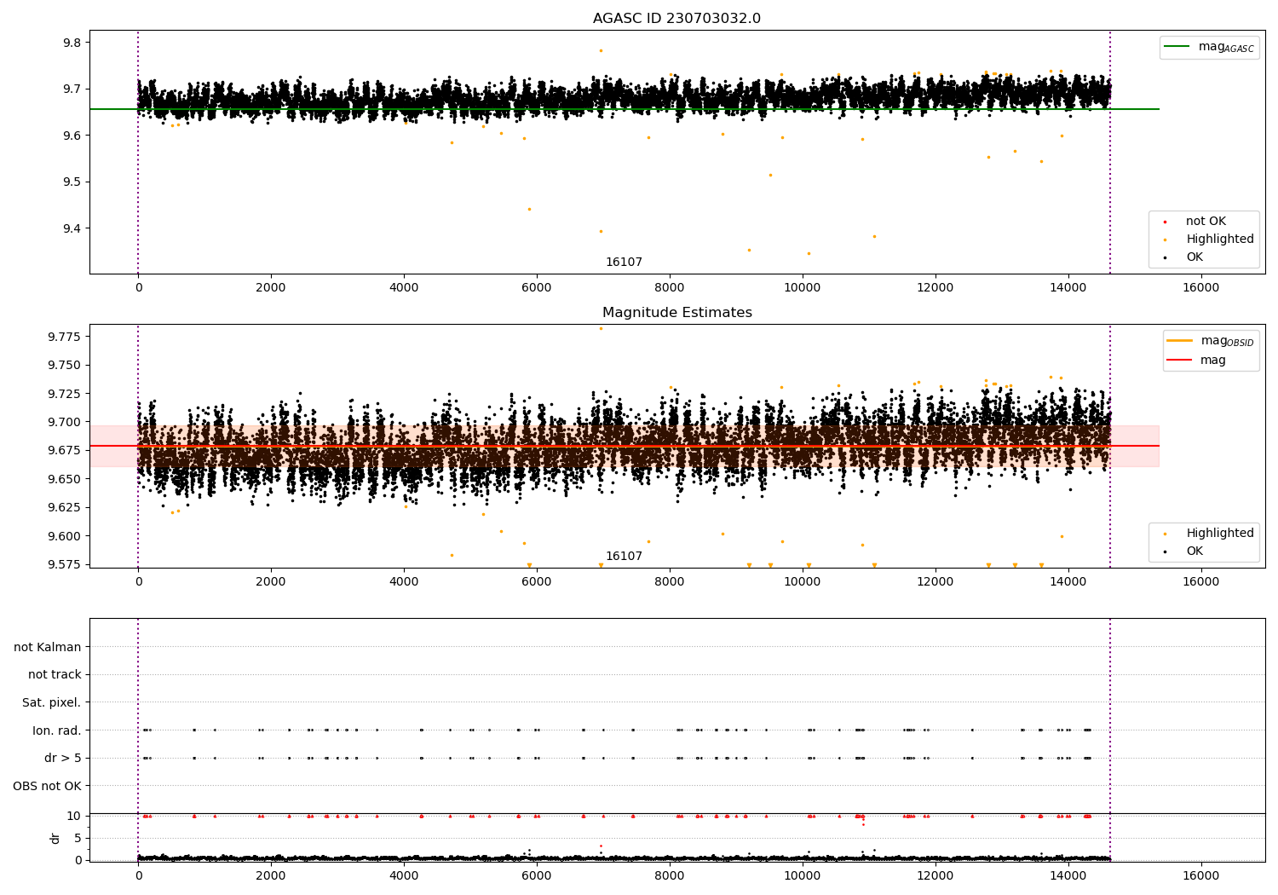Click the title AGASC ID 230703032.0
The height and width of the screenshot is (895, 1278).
676,19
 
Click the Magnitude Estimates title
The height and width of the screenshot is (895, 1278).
676,313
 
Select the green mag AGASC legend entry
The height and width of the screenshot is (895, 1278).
1209,47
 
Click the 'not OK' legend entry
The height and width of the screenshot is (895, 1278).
1205,222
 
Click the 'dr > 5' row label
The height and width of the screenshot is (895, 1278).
62,758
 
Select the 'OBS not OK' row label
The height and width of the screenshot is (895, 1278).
47,786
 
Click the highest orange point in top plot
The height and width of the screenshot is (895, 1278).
601,50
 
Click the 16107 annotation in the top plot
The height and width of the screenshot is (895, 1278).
624,263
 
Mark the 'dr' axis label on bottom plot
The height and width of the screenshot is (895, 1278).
55,838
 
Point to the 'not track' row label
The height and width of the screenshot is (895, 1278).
55,674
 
